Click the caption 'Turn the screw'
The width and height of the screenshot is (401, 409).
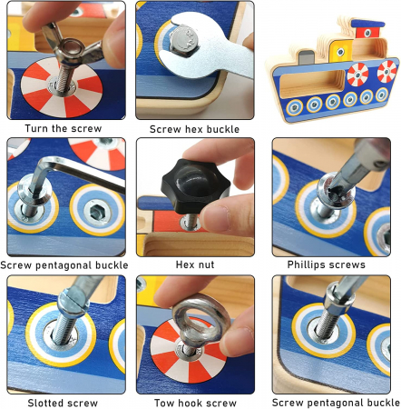[x=64, y=128]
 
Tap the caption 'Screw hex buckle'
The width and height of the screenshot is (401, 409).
[x=194, y=129]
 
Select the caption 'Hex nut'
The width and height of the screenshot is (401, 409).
[x=195, y=264]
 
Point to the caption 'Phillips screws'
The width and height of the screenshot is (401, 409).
[x=327, y=264]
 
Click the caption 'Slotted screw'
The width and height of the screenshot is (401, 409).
[x=63, y=403]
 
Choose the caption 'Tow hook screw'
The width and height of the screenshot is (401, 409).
[x=195, y=403]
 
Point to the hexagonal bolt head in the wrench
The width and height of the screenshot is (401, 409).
[x=184, y=40]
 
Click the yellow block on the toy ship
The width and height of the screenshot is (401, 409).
[x=341, y=50]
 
